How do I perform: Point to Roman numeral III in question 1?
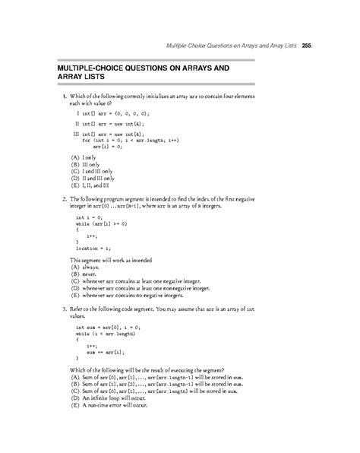pyautogui.click(x=76, y=132)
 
